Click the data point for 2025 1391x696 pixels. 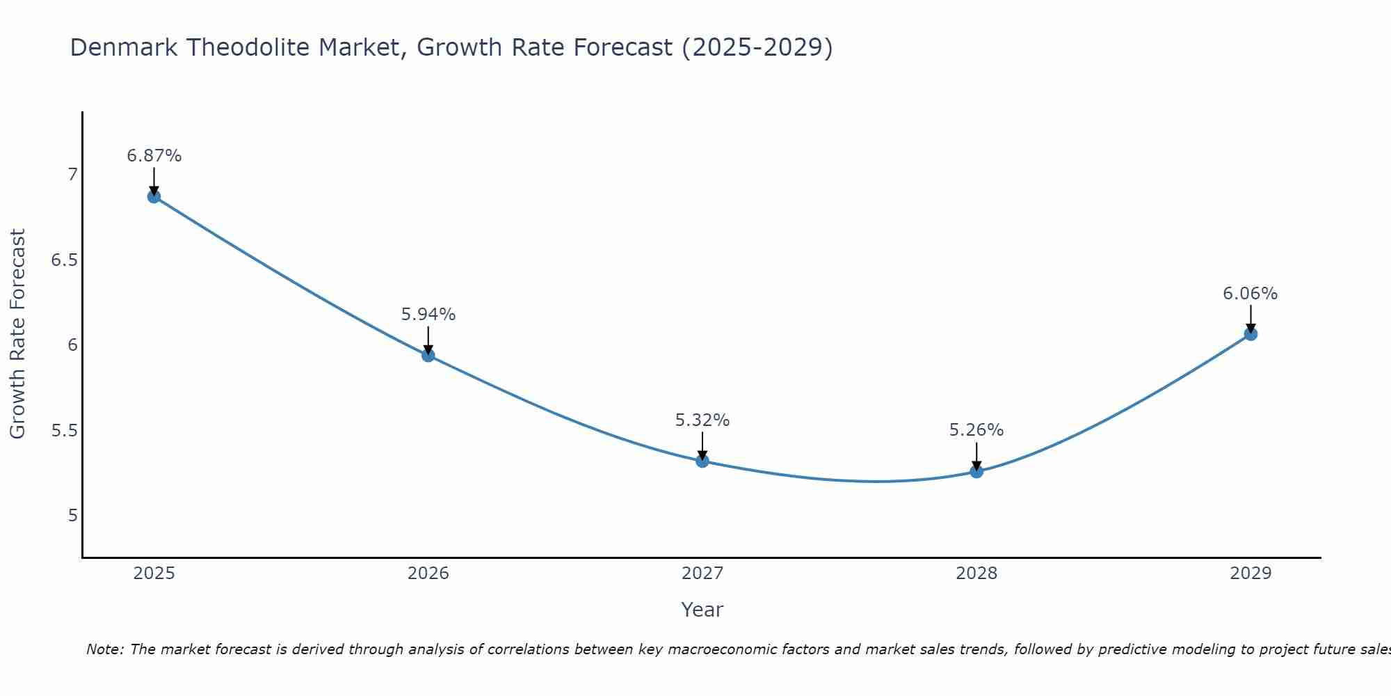(154, 196)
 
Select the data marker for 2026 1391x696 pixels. (428, 355)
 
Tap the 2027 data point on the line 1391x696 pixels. (702, 461)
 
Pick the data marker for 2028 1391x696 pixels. (976, 471)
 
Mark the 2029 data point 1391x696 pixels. (1251, 334)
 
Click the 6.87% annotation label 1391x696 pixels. (154, 156)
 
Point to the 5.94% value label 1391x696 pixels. (428, 315)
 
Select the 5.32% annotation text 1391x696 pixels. (702, 420)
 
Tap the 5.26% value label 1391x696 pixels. (976, 430)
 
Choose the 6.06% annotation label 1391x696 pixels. (1251, 294)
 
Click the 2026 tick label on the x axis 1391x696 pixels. (428, 574)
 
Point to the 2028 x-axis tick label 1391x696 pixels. (976, 574)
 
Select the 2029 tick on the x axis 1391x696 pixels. (1251, 574)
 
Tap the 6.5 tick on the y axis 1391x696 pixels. (63, 260)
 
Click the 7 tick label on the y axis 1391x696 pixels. (72, 175)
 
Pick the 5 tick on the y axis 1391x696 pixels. (72, 516)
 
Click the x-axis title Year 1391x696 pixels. (702, 610)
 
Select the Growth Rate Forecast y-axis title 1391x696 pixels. (17, 334)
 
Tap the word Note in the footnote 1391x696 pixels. (104, 649)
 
